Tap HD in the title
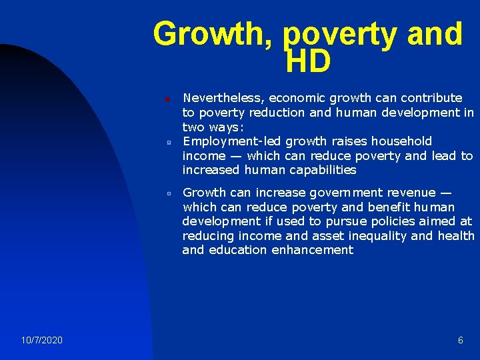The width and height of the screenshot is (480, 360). [307, 62]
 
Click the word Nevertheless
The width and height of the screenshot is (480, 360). [221, 98]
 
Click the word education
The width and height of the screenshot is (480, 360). [238, 251]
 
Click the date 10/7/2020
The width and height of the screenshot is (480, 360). [42, 341]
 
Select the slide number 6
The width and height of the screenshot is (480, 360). [461, 341]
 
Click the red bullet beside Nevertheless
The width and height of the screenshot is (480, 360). [168, 99]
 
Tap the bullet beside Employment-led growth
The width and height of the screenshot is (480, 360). [169, 142]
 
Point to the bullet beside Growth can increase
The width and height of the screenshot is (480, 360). [169, 193]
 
